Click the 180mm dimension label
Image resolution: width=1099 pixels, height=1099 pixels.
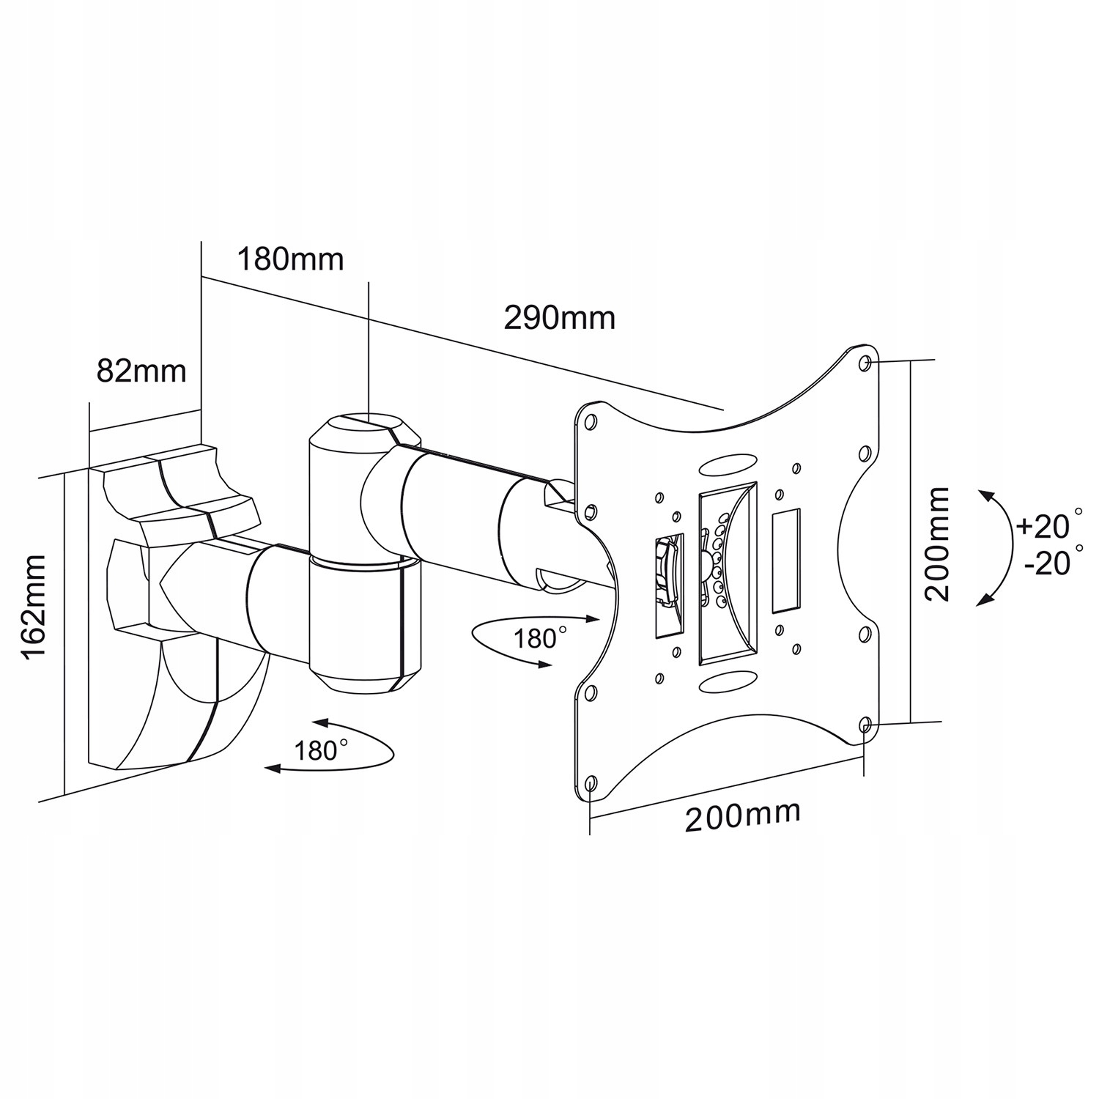(x=290, y=259)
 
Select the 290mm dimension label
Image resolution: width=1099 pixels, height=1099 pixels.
(x=560, y=318)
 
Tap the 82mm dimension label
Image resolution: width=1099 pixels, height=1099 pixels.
(x=142, y=371)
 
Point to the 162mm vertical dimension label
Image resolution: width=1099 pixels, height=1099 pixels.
(x=34, y=608)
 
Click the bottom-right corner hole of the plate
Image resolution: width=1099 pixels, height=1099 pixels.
(x=865, y=725)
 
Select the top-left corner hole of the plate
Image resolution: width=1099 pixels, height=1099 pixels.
(x=591, y=421)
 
